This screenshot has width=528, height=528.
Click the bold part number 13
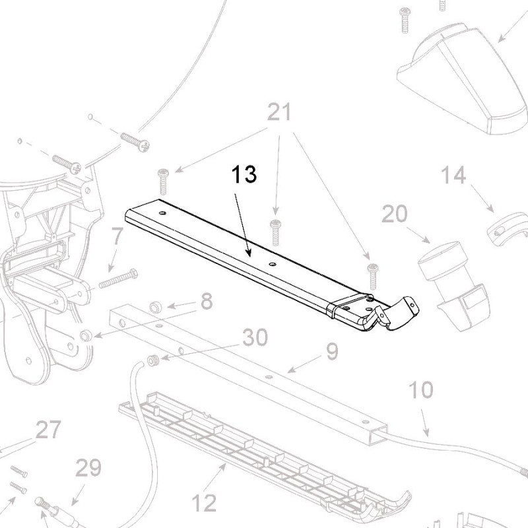pos(244,176)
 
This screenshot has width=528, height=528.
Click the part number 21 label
pos(280,114)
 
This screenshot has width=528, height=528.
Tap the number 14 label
pos(453,176)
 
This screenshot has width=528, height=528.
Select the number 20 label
pos(395,214)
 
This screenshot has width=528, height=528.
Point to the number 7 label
pos(117,236)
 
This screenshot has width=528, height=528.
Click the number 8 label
pos(207,302)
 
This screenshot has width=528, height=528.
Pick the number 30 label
pos(255,337)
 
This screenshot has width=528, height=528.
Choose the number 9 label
pos(331,352)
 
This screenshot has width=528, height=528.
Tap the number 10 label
pos(422,389)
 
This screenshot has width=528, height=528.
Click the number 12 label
pos(205,502)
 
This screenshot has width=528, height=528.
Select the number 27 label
pos(48,430)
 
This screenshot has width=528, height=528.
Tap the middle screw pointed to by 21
pos(276,232)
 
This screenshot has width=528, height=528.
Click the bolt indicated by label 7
pos(118,279)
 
